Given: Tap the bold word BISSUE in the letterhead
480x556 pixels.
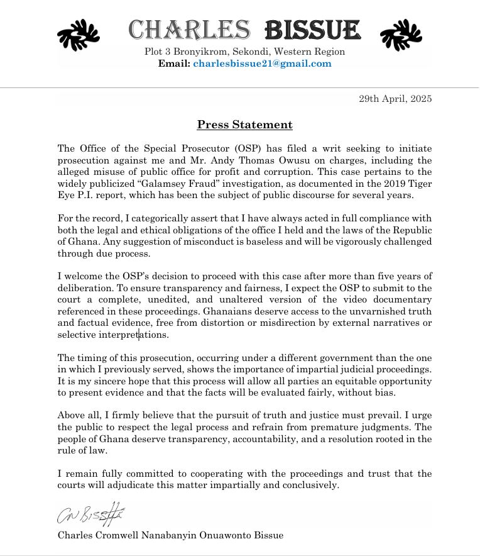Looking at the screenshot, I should [x=313, y=29].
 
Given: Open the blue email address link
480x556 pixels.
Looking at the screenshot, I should [x=262, y=64].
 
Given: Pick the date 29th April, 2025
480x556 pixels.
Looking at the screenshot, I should [x=395, y=99].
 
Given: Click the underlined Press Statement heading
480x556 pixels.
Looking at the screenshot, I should [x=244, y=125].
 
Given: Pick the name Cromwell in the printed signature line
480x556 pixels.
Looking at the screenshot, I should [x=123, y=535].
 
